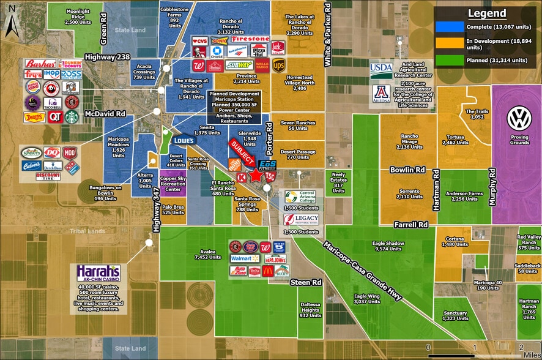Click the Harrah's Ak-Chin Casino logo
pos(98,273)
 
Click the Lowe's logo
pos(184,140)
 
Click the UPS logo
pos(279,65)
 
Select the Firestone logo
pos(250,39)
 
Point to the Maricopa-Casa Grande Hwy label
pos(363,269)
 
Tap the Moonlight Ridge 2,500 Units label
pos(78,15)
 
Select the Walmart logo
pos(240,259)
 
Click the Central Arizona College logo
pos(299,197)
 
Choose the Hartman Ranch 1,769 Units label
pos(529,310)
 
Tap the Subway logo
pos(239,64)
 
